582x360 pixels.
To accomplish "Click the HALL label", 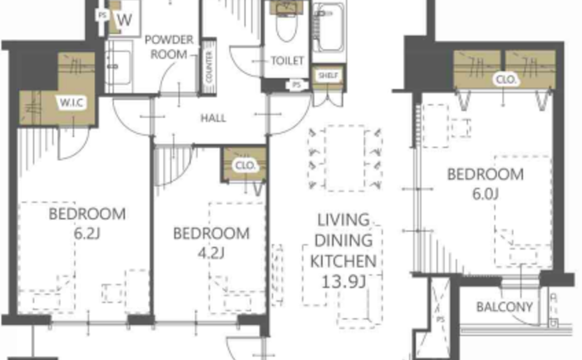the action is pos(213,118).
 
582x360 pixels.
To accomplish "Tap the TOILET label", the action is pos(288,61).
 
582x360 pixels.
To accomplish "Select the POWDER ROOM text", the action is pos(169,47).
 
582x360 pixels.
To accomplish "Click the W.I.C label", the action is pos(72,102).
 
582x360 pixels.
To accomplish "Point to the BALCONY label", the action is pos(505,307).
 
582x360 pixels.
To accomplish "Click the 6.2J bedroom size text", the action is pos(86,234).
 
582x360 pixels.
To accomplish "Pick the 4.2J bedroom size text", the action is pos(211,254).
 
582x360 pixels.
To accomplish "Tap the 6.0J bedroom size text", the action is pos(485,194).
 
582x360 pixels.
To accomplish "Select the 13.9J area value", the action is pos(343,282).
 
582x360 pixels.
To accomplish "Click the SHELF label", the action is pos(328,76).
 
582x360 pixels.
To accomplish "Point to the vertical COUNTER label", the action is pos(209,67).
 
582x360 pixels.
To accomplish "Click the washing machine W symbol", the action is pos(124,20).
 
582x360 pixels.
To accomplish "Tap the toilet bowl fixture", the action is pos(286,25).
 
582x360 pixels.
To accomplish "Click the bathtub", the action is pos(329,27).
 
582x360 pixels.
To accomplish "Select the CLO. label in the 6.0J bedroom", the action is pos(506,80).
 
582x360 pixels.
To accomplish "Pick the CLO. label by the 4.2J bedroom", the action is pos(245,165).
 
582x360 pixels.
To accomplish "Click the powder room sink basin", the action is pos(119,67).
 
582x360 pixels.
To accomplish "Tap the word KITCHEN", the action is pos(343,261).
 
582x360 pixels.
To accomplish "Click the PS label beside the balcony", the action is pos(440,319).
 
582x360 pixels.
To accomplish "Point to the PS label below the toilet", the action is pos(296,85).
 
